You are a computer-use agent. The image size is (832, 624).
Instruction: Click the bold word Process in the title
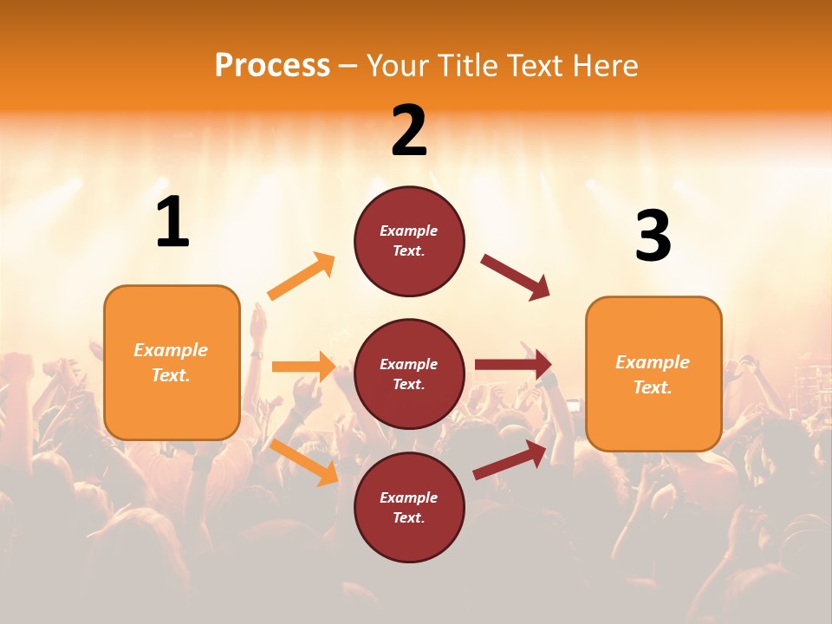(272, 66)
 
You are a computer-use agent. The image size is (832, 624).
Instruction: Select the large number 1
(172, 223)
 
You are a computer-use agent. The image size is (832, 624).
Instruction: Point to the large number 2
(409, 131)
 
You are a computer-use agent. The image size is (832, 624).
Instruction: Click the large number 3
(653, 236)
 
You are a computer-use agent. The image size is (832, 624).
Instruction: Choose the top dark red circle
(409, 241)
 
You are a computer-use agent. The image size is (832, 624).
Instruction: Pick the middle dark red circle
(409, 374)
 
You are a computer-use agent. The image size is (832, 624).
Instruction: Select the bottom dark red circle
(409, 507)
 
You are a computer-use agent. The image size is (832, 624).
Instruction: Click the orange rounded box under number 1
(172, 362)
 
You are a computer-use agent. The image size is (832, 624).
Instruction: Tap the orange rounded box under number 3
(653, 374)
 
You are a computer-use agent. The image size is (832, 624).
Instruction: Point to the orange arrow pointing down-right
(304, 462)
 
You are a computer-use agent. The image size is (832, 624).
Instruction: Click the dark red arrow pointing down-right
(516, 277)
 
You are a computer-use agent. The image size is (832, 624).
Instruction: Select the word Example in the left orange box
(171, 350)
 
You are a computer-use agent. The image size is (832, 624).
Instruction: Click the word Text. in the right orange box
(653, 387)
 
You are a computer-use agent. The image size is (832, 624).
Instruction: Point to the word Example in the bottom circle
(409, 497)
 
